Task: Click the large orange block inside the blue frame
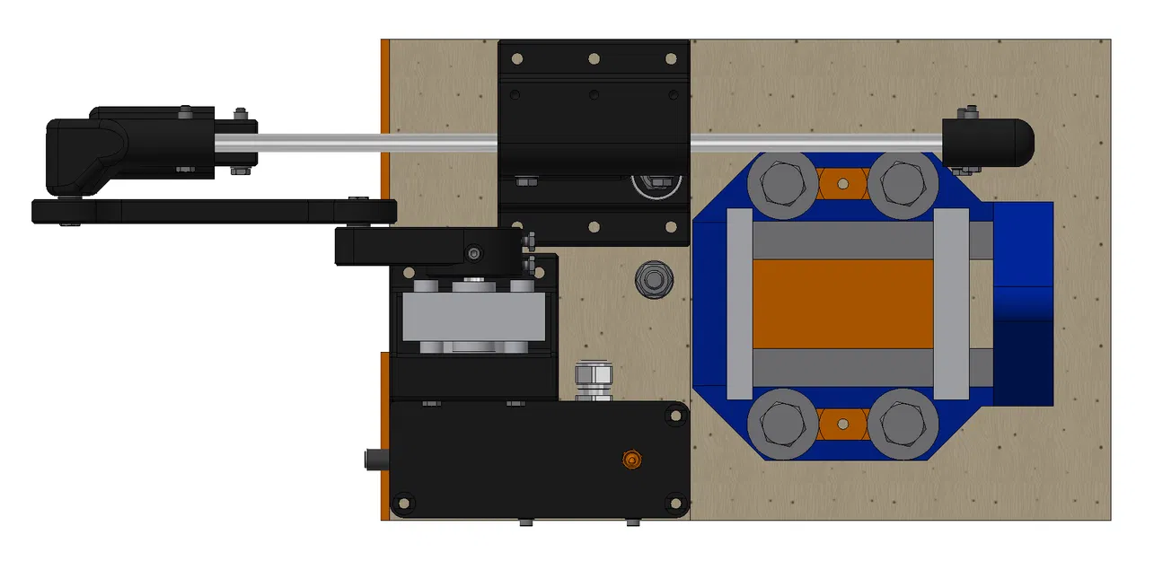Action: tap(842, 304)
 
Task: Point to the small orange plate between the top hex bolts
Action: tap(843, 185)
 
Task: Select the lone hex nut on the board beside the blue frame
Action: tap(653, 279)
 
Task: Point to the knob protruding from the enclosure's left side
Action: tap(374, 460)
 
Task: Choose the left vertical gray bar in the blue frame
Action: tap(738, 304)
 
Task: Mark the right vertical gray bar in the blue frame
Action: tap(952, 304)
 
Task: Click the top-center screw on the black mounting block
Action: tap(594, 58)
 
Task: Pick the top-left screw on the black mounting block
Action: tap(516, 58)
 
